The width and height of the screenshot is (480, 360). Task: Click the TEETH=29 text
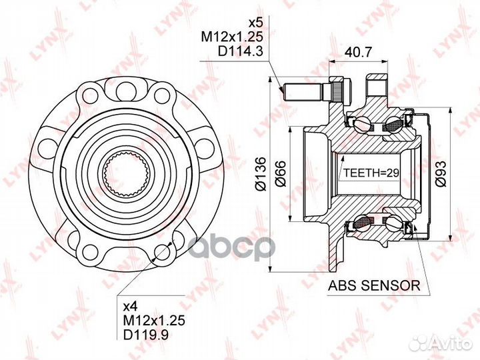pyautogui.click(x=371, y=173)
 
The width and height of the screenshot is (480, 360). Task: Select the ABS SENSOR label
pyautogui.click(x=374, y=285)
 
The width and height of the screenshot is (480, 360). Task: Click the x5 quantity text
pyautogui.click(x=255, y=23)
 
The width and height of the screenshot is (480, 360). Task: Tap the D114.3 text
pyautogui.click(x=240, y=51)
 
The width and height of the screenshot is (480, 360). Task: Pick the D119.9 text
pyautogui.click(x=146, y=334)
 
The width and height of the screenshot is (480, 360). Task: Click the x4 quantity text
pyautogui.click(x=131, y=305)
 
